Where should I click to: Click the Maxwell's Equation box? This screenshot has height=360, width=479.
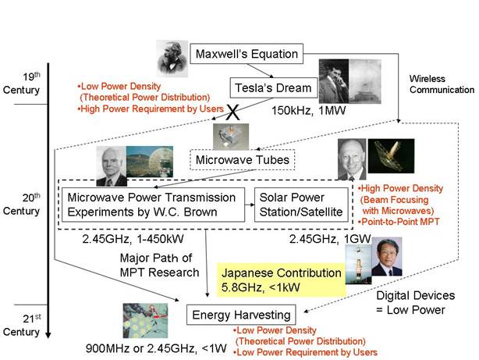pyautogui.click(x=247, y=54)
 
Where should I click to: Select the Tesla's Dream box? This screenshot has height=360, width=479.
pyautogui.click(x=274, y=87)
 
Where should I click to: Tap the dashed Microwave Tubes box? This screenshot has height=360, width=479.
pyautogui.click(x=243, y=159)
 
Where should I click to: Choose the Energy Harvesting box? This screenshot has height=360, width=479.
pyautogui.click(x=241, y=315)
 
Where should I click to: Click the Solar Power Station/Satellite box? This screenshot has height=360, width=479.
pyautogui.click(x=301, y=205)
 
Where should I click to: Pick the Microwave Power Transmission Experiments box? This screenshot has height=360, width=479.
pyautogui.click(x=153, y=205)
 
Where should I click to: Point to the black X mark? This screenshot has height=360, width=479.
pyautogui.click(x=233, y=112)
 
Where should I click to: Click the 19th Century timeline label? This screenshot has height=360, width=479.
pyautogui.click(x=21, y=84)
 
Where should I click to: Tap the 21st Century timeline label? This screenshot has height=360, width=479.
pyautogui.click(x=21, y=325)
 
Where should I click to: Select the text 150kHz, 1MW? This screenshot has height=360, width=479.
pyautogui.click(x=308, y=110)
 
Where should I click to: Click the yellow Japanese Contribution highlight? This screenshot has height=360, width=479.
pyautogui.click(x=281, y=280)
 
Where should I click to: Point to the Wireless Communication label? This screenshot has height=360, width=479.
pyautogui.click(x=442, y=84)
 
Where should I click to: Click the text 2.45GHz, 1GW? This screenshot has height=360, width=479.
pyautogui.click(x=330, y=239)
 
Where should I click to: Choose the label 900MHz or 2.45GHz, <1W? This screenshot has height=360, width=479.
pyautogui.click(x=156, y=348)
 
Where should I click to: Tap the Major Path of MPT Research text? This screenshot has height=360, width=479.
pyautogui.click(x=159, y=265)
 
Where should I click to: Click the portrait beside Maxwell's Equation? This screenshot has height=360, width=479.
pyautogui.click(x=172, y=59)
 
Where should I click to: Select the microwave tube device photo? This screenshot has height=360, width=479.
pyautogui.click(x=231, y=137)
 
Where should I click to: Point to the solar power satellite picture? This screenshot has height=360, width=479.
pyautogui.click(x=391, y=156)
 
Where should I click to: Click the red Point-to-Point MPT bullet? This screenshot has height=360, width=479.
pyautogui.click(x=399, y=222)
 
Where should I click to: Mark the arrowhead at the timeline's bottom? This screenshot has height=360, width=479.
pyautogui.click(x=48, y=335)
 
